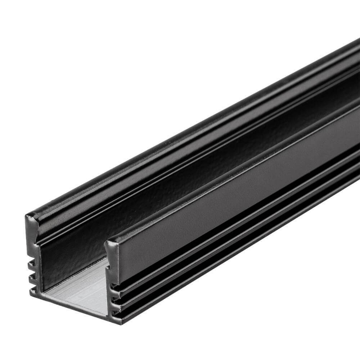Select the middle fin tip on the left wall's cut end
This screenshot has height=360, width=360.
[x=31, y=275]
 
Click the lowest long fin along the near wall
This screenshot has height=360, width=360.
[x=234, y=263]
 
